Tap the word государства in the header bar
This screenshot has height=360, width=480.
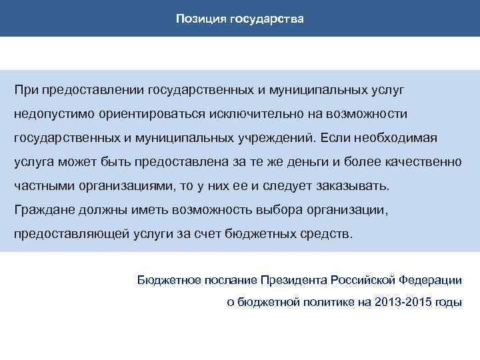click(267, 19)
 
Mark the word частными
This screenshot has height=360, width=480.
click(44, 186)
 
